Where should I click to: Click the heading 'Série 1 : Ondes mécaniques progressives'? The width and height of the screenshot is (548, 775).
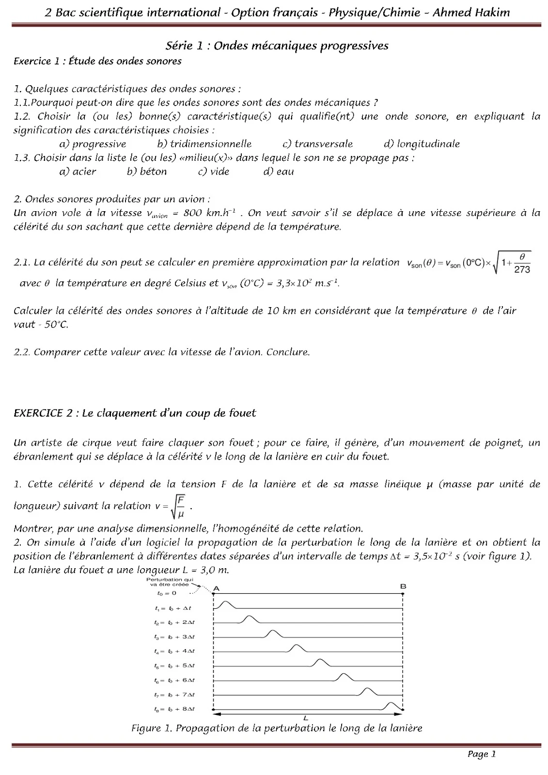tap(277, 46)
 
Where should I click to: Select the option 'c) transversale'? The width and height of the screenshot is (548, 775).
tap(317, 144)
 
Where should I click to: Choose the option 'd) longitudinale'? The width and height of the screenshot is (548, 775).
tap(422, 144)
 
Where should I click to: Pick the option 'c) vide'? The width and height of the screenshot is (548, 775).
tap(214, 171)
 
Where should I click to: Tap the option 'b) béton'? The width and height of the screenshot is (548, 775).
tap(147, 171)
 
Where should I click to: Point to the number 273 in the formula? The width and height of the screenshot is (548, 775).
tap(522, 270)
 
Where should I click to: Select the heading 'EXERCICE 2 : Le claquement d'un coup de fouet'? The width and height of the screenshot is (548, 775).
tap(135, 413)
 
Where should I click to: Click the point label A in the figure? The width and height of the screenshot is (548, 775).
tap(216, 588)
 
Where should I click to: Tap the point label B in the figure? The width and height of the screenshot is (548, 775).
tap(403, 587)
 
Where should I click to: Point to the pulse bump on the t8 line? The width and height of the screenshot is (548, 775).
tap(393, 706)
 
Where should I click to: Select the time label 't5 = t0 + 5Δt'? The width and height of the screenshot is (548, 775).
tap(174, 666)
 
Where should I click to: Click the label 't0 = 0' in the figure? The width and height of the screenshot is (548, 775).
tap(167, 593)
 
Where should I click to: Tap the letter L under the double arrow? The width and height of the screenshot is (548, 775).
tap(306, 718)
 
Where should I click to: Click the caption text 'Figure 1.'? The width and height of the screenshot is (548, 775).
tap(152, 728)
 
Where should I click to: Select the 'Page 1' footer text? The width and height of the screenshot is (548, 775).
tap(481, 754)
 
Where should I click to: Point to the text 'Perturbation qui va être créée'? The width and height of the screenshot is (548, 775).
tap(170, 582)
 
